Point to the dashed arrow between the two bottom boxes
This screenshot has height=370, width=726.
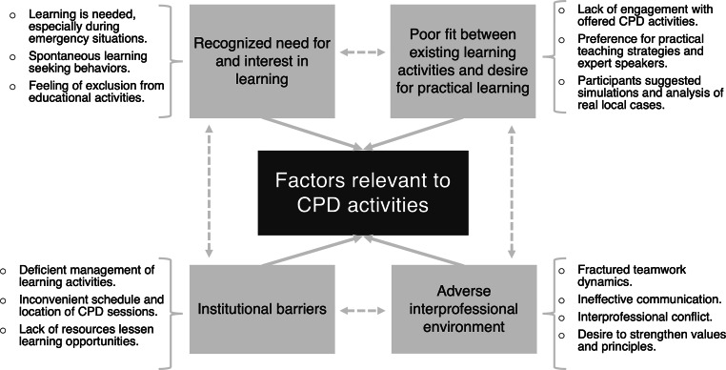(361, 309)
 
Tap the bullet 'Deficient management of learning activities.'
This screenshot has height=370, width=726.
(84, 277)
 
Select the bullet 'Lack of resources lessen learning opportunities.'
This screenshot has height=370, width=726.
(84, 336)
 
